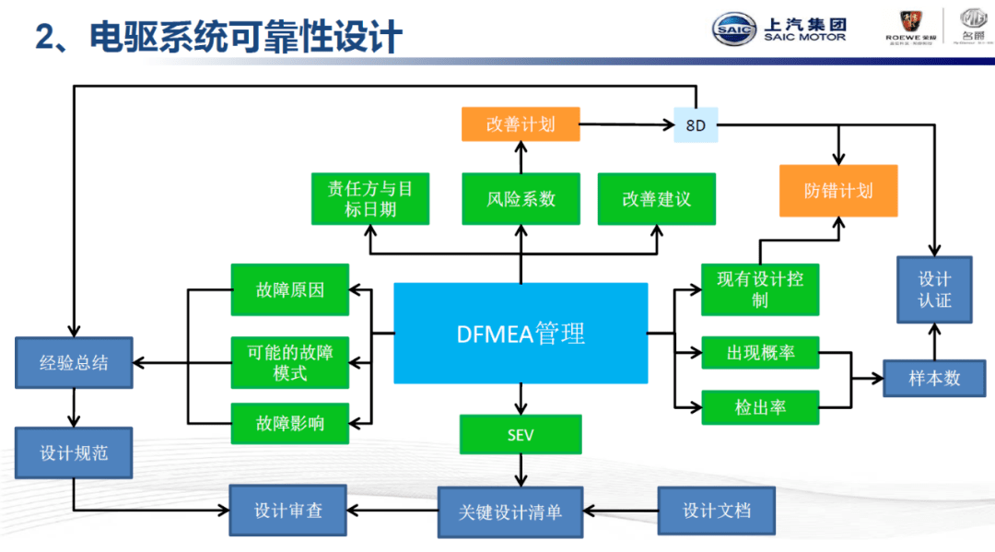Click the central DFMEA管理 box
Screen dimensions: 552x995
point(521,333)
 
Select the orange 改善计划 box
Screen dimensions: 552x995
point(521,123)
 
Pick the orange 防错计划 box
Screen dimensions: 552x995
point(838,191)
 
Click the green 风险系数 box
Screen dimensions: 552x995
point(521,199)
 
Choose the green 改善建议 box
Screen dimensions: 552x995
point(656,199)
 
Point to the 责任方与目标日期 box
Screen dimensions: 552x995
point(370,199)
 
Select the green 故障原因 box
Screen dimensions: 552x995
point(290,290)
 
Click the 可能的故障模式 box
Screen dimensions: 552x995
point(290,361)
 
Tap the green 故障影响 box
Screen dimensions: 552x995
point(290,425)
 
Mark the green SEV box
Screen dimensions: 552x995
point(521,434)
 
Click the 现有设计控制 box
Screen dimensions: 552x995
point(759,289)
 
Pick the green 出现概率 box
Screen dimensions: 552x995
point(759,352)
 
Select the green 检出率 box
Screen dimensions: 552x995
point(759,407)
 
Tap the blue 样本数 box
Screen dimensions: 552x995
point(934,378)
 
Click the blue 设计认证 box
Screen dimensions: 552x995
point(934,289)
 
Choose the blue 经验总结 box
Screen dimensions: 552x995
point(74,362)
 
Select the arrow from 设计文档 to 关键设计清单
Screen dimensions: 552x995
point(621,510)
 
